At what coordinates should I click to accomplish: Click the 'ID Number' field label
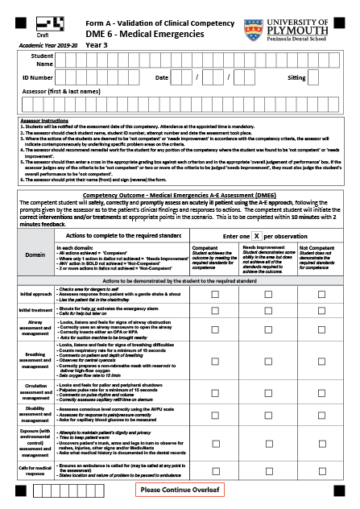(38, 78)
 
